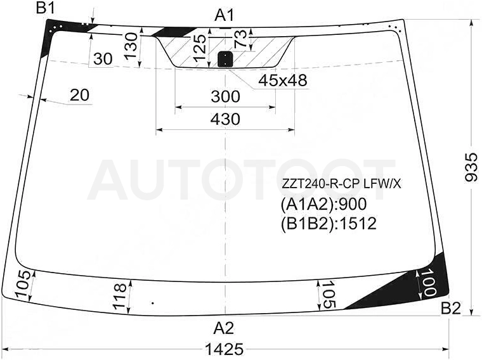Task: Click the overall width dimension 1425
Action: [225, 350]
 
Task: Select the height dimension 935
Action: [471, 168]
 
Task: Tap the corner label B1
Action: [46, 8]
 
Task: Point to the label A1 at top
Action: [225, 15]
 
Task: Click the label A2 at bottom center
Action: [224, 328]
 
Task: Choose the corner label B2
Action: [451, 309]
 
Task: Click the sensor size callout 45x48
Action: [283, 80]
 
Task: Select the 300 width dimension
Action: [225, 96]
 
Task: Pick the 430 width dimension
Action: [225, 119]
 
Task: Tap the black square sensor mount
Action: [225, 59]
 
